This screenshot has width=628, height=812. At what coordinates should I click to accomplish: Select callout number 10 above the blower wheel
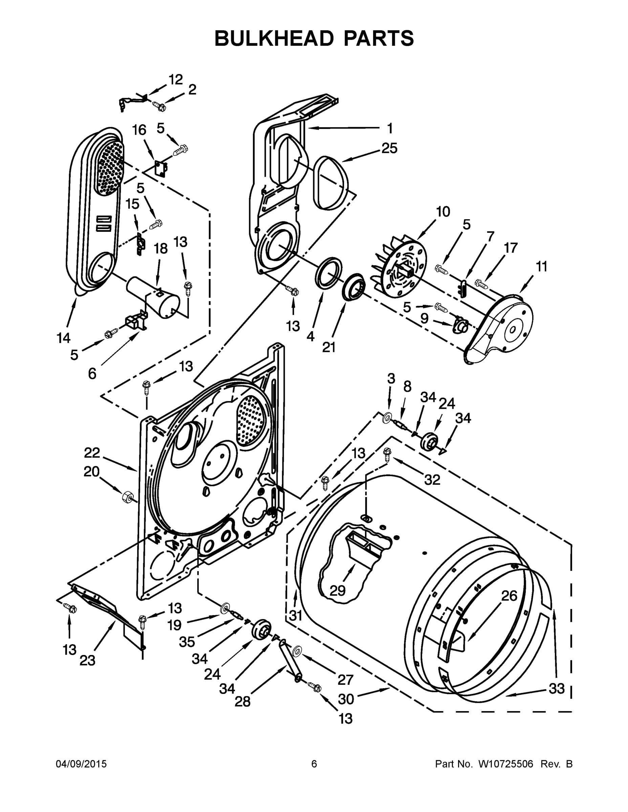pyautogui.click(x=443, y=212)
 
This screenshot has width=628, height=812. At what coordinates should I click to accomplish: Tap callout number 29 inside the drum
pyautogui.click(x=338, y=590)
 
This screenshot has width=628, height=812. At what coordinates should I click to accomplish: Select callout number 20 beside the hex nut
pyautogui.click(x=91, y=472)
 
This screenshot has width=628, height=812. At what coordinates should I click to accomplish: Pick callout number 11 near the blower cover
pyautogui.click(x=542, y=267)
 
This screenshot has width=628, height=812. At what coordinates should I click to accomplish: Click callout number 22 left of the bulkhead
pyautogui.click(x=91, y=452)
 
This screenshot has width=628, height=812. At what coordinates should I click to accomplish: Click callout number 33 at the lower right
pyautogui.click(x=557, y=689)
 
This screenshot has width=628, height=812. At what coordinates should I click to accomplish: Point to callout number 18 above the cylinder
pyautogui.click(x=161, y=248)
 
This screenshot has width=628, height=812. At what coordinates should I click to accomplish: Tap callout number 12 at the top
pyautogui.click(x=176, y=80)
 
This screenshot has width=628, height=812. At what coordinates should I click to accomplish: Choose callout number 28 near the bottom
pyautogui.click(x=243, y=702)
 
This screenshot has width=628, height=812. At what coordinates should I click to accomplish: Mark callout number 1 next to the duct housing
pyautogui.click(x=390, y=128)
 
